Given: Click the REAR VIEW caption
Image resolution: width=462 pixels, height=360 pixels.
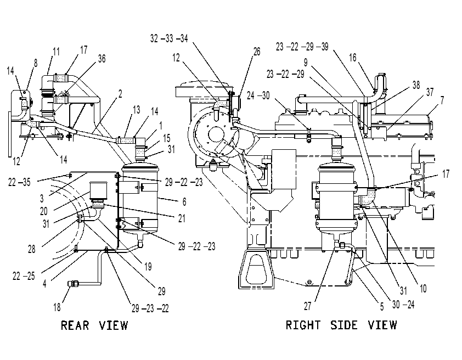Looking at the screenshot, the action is [x=94, y=325].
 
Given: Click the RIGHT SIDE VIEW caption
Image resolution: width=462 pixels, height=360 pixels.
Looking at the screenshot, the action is [x=341, y=325].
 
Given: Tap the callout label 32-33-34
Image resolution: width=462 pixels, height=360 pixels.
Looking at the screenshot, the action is [x=169, y=38].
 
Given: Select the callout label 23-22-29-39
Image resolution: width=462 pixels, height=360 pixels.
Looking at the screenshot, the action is [x=302, y=47].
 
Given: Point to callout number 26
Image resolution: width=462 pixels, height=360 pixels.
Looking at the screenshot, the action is [x=257, y=52].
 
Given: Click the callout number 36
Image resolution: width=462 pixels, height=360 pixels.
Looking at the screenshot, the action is [x=102, y=59].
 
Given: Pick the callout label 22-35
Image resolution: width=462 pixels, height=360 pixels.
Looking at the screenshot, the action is [x=19, y=182].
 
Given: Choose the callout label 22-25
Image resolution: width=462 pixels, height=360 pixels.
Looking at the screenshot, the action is [x=24, y=276].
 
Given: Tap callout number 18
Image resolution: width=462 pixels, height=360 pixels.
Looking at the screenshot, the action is [x=57, y=307].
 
